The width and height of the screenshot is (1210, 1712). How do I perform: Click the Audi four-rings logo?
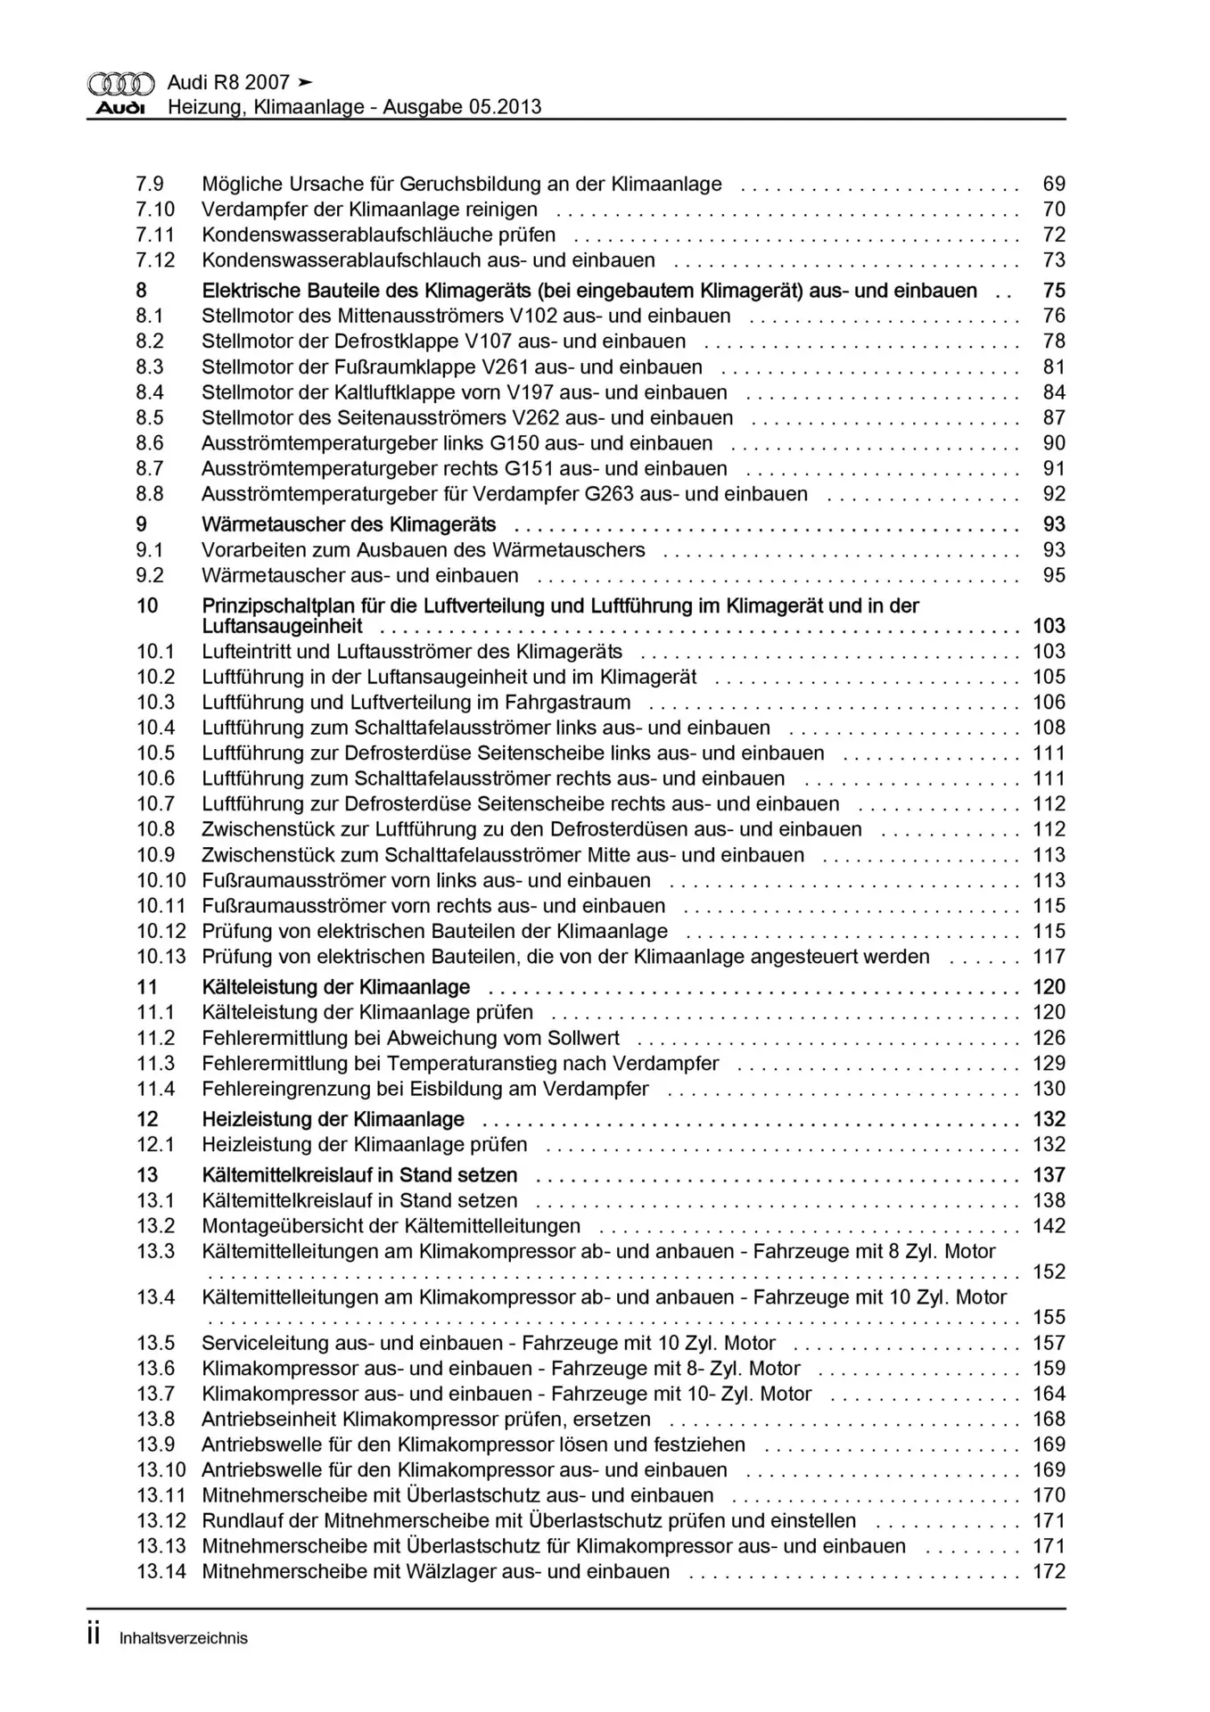pos(120,84)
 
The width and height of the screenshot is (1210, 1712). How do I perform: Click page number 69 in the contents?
pos(1054,185)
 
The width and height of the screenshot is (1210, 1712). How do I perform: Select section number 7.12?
pos(155,260)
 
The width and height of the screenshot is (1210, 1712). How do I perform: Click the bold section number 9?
pos(142,524)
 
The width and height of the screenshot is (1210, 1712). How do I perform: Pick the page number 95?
pos(1054,575)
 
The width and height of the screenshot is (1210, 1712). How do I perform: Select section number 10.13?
pos(161,957)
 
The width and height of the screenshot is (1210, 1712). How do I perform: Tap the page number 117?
pos(1049,957)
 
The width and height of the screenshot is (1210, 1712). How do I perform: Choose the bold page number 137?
pos(1049,1175)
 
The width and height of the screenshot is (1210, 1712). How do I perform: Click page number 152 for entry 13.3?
pos(1049,1272)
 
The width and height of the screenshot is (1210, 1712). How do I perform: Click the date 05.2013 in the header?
pos(503,107)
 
